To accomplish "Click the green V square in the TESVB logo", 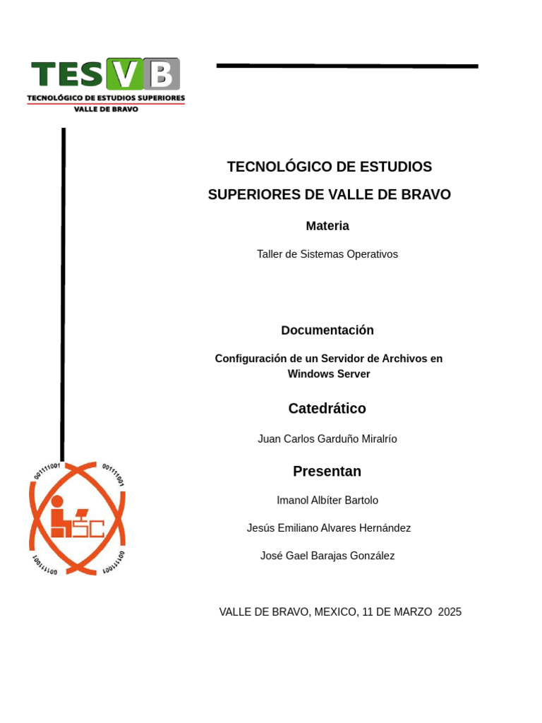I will point(124,74).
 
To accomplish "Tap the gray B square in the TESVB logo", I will point(162,74).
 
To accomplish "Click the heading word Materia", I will point(327,226).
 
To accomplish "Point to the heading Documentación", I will point(327,330).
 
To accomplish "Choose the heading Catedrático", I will point(327,409).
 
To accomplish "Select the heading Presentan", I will point(327,472).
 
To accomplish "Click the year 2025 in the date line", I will point(450,612).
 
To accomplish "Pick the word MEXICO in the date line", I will point(336,612).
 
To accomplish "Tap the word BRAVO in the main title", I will point(426,195).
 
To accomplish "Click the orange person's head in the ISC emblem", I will point(57,501).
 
